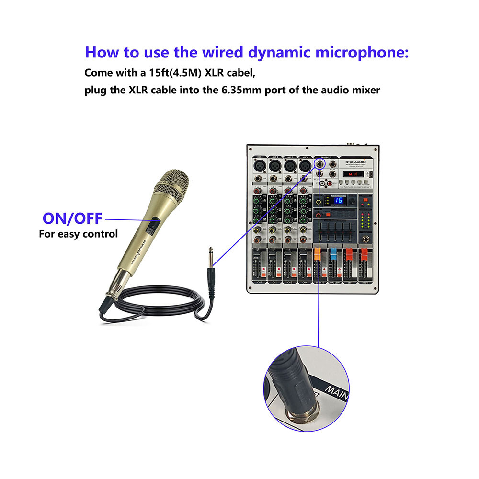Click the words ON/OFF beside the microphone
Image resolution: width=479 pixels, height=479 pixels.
pyautogui.click(x=72, y=218)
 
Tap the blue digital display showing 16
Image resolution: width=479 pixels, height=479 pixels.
pyautogui.click(x=338, y=200)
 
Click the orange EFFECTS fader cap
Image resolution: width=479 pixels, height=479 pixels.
pyautogui.click(x=318, y=252)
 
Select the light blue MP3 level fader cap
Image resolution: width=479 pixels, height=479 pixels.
pyautogui.click(x=333, y=252)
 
